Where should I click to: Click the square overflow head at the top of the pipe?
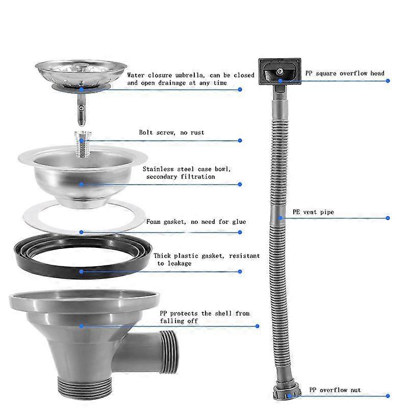[279, 71]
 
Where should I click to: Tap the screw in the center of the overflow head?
[279, 71]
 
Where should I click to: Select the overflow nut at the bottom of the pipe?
[288, 392]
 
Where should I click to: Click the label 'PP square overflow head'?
[345, 73]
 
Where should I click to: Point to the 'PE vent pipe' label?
[313, 212]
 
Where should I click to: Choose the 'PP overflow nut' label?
[335, 390]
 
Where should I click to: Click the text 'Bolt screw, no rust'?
[171, 133]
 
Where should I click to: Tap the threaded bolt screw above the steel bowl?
[83, 144]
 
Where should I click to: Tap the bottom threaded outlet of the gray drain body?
[85, 388]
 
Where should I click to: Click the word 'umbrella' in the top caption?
[189, 75]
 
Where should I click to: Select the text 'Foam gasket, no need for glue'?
[196, 222]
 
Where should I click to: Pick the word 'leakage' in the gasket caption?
[180, 263]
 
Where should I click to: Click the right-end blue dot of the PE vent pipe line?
[388, 218]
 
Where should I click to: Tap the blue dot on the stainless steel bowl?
[82, 185]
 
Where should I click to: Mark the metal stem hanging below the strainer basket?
[82, 109]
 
